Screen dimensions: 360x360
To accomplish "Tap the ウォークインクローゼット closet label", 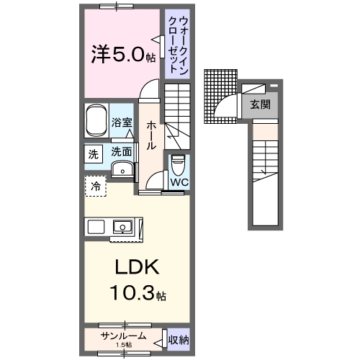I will (174, 45).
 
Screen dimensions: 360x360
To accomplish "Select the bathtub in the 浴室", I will (96, 122).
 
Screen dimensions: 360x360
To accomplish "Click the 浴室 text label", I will (122, 123).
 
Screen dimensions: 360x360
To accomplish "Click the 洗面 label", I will (122, 152).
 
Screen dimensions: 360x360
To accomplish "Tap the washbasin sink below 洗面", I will (123, 170).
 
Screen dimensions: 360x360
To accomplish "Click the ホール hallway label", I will (151, 135).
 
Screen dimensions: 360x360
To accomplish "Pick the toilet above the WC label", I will (178, 164).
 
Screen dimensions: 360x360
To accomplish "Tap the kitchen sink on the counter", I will (123, 228).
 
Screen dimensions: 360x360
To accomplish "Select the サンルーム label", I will (123, 336).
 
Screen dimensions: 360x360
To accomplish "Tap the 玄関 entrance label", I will (260, 104).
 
